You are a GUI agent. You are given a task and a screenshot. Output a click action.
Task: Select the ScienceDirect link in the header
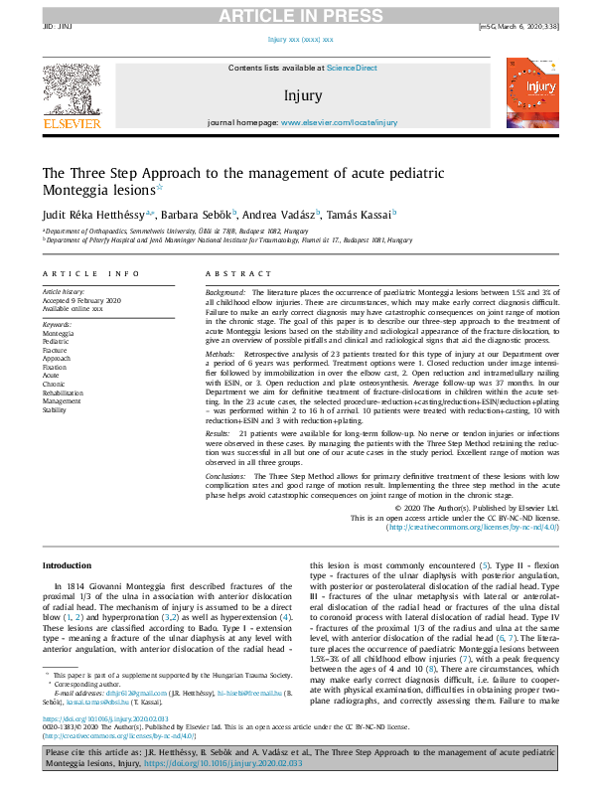(352, 68)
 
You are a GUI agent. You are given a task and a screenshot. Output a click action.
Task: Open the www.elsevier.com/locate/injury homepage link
(339, 122)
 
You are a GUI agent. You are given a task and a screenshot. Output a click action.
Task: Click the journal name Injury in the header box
(302, 96)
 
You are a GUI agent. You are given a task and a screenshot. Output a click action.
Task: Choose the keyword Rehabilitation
(64, 392)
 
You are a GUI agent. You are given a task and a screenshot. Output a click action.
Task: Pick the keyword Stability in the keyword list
(56, 408)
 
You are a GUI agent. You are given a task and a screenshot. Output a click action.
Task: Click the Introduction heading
(67, 565)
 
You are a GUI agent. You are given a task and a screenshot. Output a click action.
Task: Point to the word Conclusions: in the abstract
(226, 477)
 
